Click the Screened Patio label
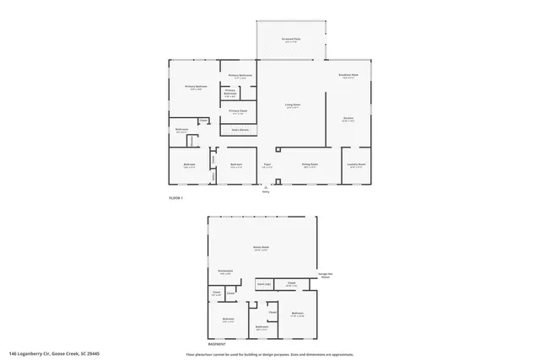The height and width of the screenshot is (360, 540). pyautogui.click(x=290, y=40)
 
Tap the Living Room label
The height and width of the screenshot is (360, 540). pyautogui.click(x=292, y=106)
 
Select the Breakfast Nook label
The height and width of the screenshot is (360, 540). pyautogui.click(x=348, y=76)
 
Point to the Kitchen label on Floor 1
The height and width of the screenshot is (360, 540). pyautogui.click(x=348, y=119)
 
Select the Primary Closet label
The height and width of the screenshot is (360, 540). pyautogui.click(x=238, y=110)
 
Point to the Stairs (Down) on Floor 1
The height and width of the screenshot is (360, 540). pyautogui.click(x=240, y=129)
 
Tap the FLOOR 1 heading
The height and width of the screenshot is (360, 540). pyautogui.click(x=175, y=197)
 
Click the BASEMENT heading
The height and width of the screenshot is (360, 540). pyautogui.click(x=217, y=344)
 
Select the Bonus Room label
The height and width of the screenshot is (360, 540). pyautogui.click(x=261, y=248)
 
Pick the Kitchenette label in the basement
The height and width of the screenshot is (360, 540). pyautogui.click(x=226, y=271)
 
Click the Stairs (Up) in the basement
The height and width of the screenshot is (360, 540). pyautogui.click(x=263, y=284)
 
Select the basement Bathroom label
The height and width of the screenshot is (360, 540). pyautogui.click(x=262, y=327)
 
